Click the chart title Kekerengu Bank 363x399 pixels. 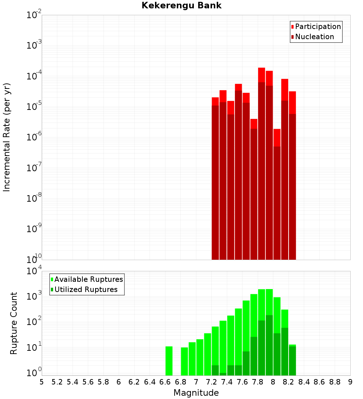(181, 6)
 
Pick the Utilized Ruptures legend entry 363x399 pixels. (86, 289)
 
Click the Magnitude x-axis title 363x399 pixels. (196, 393)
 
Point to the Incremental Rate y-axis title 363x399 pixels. (7, 137)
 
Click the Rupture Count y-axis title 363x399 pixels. (14, 323)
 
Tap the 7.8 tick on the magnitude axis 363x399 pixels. (258, 382)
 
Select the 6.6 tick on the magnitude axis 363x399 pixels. (165, 382)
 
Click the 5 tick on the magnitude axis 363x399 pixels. (42, 382)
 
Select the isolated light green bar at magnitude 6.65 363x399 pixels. (169, 361)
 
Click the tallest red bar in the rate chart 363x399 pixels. (262, 163)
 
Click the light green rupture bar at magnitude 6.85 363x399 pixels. (184, 361)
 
